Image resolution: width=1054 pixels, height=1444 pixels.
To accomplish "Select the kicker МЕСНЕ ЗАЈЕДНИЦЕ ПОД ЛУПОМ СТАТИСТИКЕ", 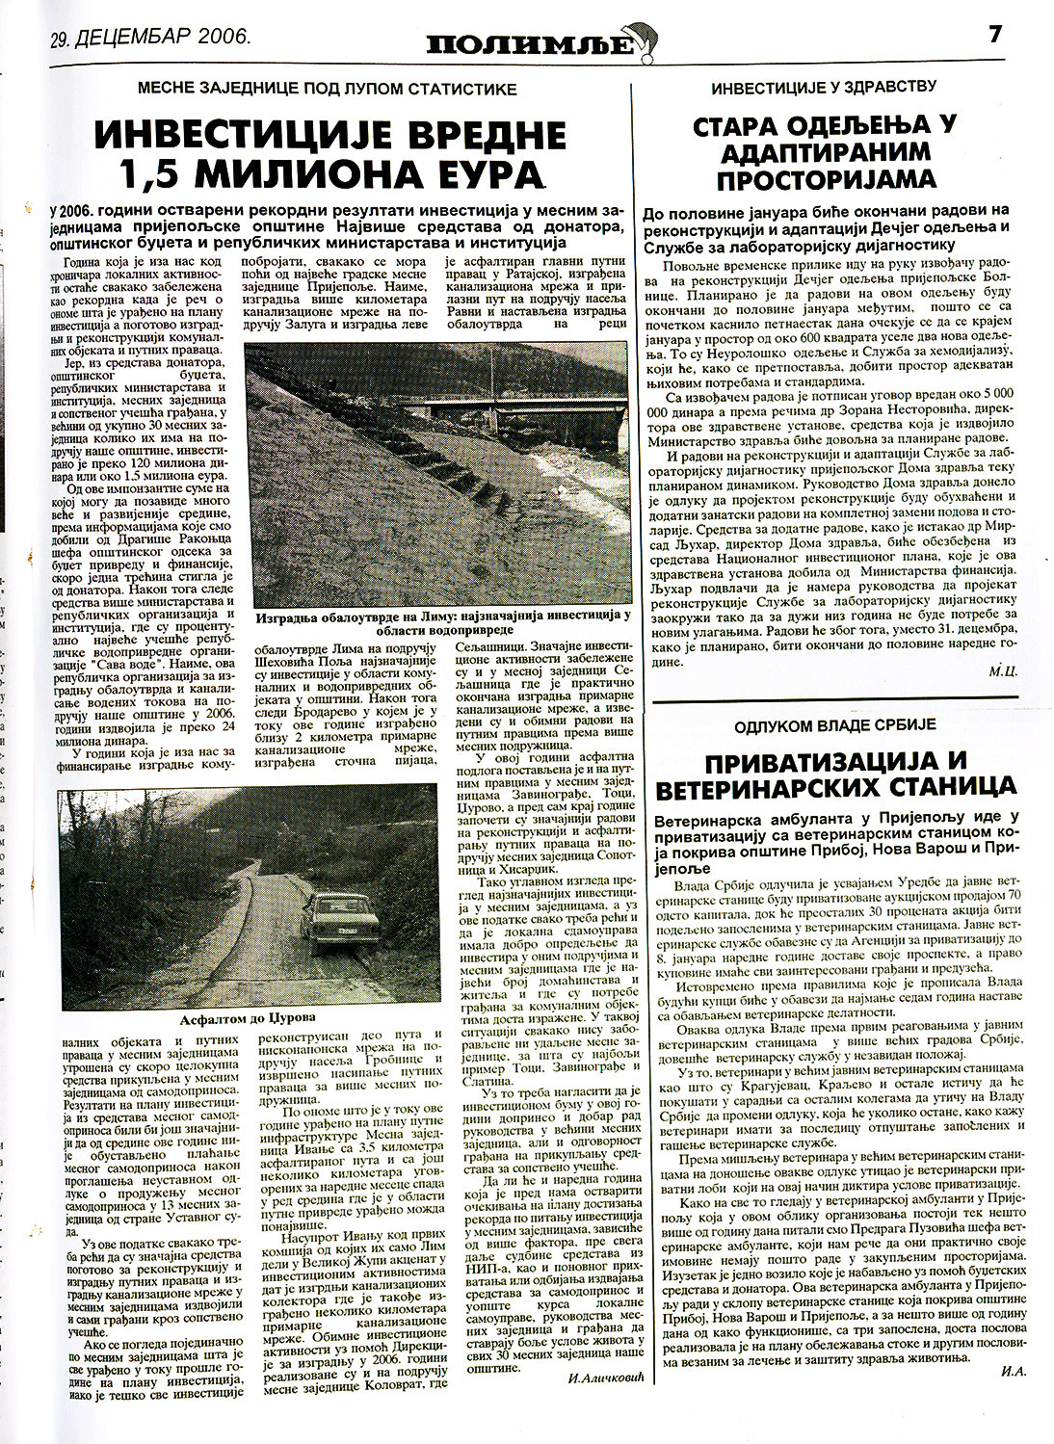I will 327,89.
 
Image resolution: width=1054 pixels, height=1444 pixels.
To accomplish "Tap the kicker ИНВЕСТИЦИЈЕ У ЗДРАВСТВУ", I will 825,88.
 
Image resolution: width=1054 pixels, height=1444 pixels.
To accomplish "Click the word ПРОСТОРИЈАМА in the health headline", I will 826,179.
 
